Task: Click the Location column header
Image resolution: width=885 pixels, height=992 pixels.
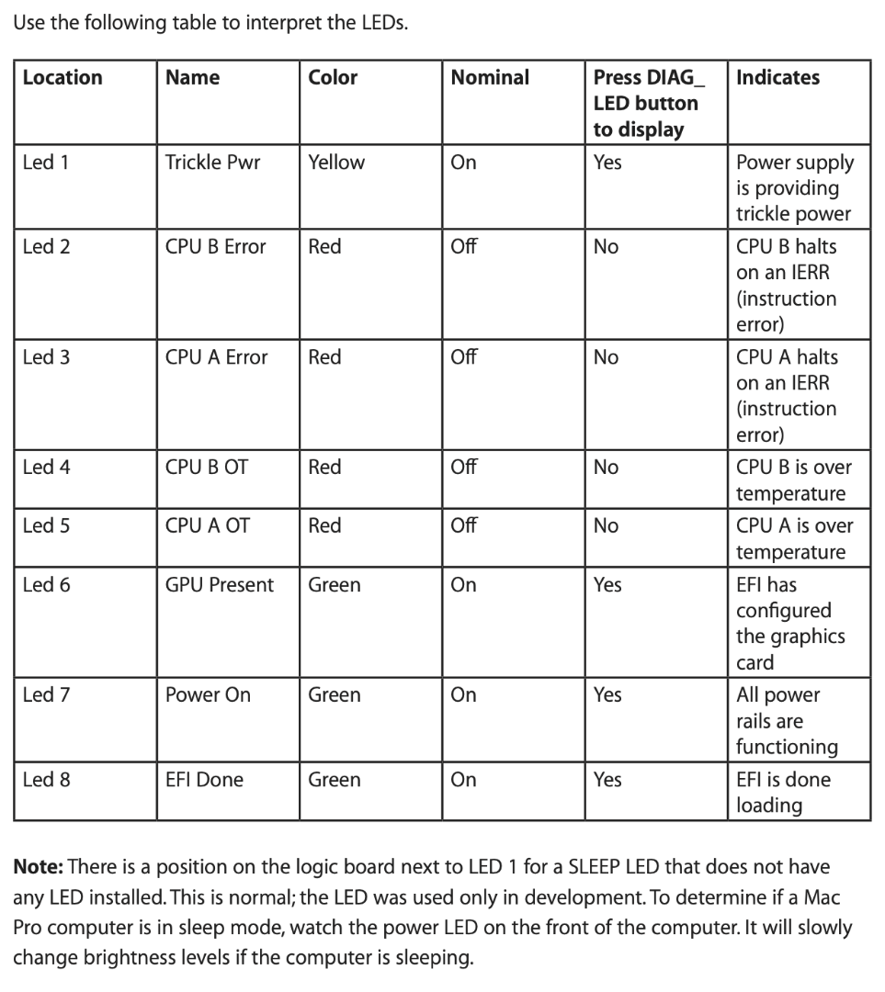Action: pyautogui.click(x=62, y=78)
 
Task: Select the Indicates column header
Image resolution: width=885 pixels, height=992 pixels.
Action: pyautogui.click(x=777, y=78)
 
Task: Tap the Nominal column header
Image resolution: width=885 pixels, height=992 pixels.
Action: pyautogui.click(x=490, y=78)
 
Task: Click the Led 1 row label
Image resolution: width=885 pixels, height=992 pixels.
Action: pyautogui.click(x=45, y=163)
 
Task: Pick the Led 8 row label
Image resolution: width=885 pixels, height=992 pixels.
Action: pyautogui.click(x=46, y=780)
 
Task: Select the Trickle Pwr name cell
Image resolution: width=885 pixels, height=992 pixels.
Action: pyautogui.click(x=212, y=163)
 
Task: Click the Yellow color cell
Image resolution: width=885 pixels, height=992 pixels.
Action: pyautogui.click(x=336, y=163)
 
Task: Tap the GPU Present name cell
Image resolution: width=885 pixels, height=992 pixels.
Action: pyautogui.click(x=219, y=585)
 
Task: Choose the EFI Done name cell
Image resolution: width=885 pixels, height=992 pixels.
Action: pyautogui.click(x=204, y=780)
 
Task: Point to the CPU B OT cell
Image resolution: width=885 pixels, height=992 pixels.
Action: pyautogui.click(x=206, y=468)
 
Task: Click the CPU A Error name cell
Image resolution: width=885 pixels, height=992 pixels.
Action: pyautogui.click(x=216, y=357)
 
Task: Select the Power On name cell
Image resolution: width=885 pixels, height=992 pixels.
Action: pyautogui.click(x=208, y=695)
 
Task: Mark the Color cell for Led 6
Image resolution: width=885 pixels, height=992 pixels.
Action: pyautogui.click(x=335, y=585)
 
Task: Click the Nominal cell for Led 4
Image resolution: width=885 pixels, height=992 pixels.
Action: pyautogui.click(x=464, y=468)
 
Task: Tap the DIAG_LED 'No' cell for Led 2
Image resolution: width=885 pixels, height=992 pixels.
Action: pyautogui.click(x=606, y=247)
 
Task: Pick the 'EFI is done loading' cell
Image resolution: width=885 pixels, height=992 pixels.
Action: pyautogui.click(x=782, y=792)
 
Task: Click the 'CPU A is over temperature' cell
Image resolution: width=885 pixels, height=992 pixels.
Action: pyautogui.click(x=794, y=538)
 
